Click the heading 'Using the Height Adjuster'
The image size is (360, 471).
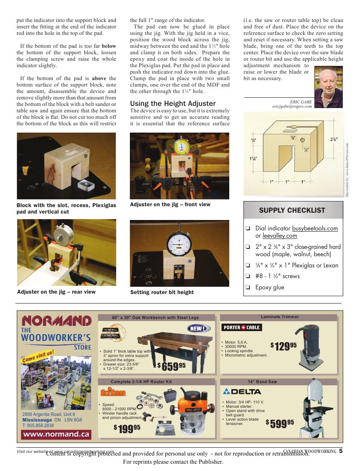(x=173, y=103)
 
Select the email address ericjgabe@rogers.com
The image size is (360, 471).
(x=292, y=106)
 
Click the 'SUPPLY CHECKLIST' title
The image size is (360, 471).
(x=292, y=211)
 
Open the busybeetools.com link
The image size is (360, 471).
(x=315, y=228)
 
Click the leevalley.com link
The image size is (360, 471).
(x=280, y=236)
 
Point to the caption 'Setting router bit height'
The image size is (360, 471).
(x=162, y=292)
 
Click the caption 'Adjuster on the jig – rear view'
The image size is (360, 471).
(x=56, y=292)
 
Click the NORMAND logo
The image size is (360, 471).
(x=56, y=321)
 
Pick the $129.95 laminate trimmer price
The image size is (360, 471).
(x=283, y=346)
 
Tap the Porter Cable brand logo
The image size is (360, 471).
(x=242, y=327)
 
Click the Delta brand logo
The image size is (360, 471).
(x=242, y=391)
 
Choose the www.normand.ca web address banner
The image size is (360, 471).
(x=56, y=434)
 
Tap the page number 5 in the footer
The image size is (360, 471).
(x=341, y=451)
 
